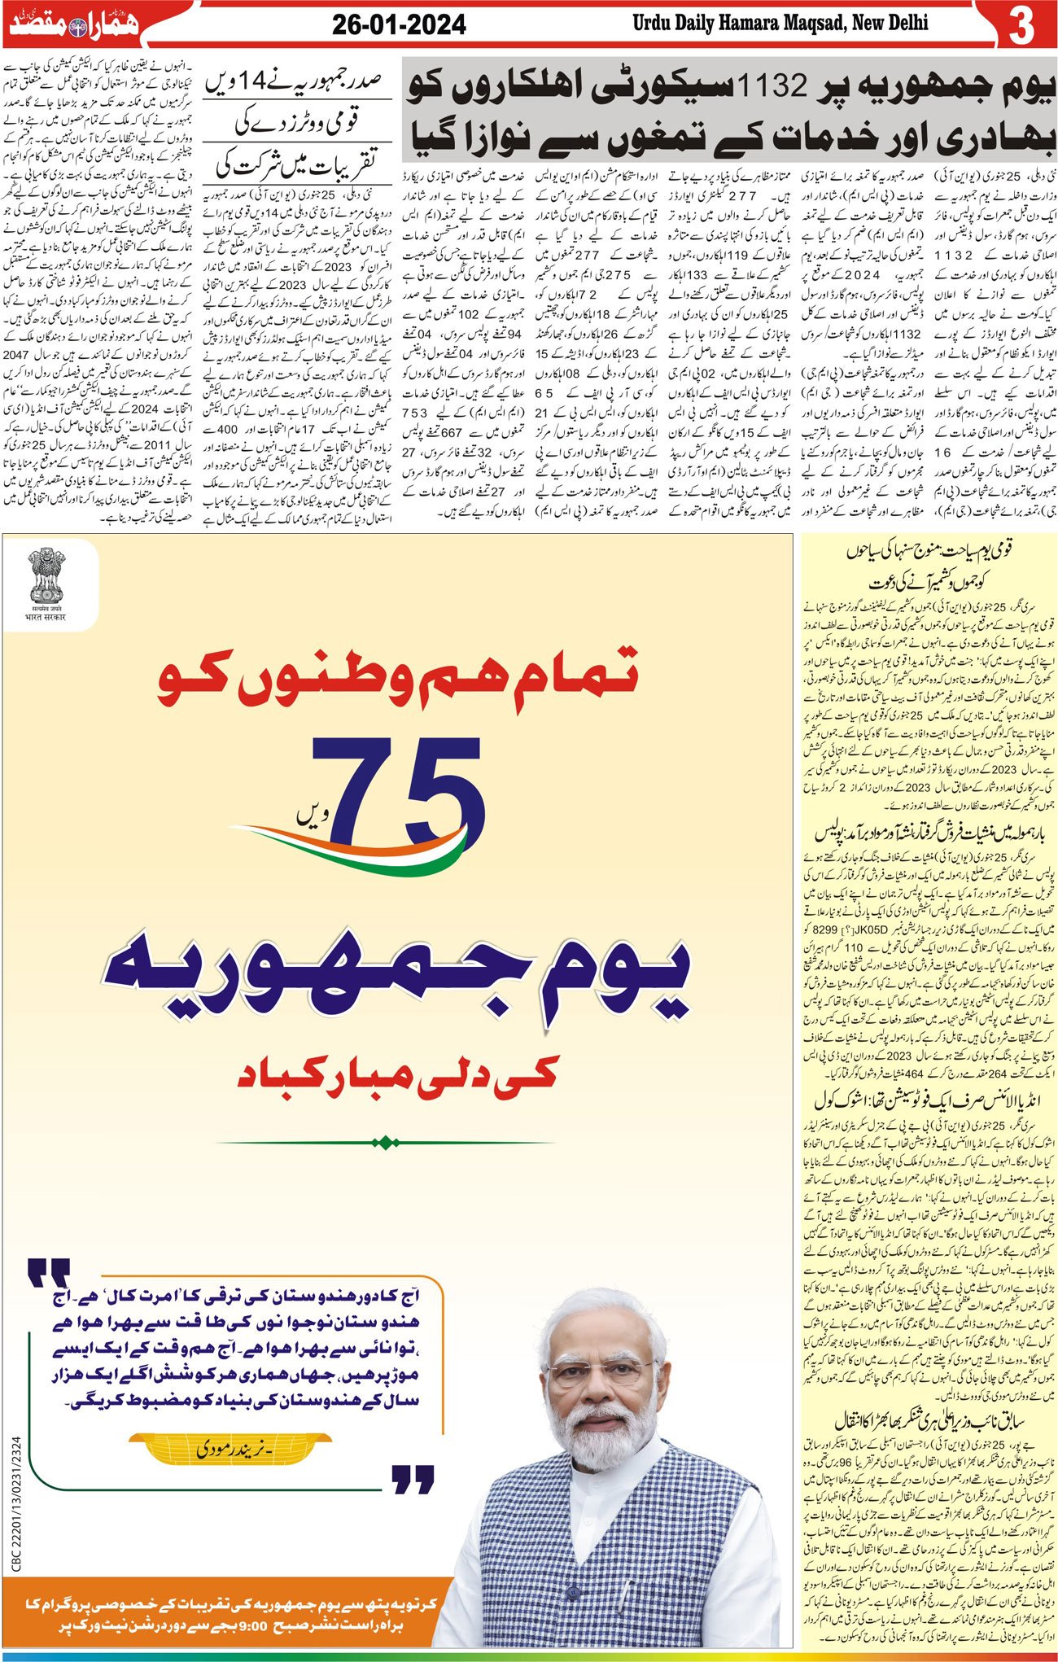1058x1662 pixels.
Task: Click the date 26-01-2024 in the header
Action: click(399, 24)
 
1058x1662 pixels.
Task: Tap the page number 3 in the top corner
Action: click(1021, 26)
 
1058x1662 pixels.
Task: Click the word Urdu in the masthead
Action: click(652, 22)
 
